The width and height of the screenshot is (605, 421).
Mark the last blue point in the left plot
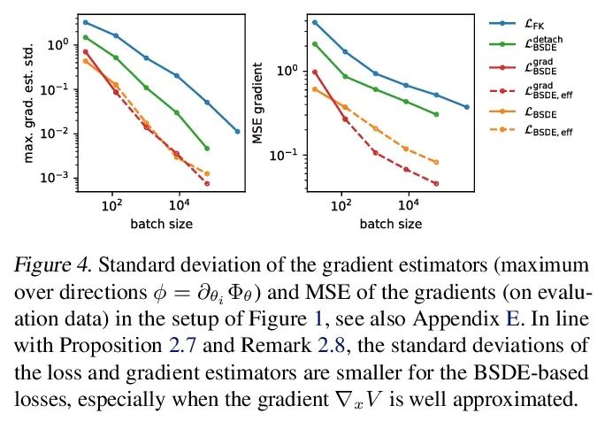(237, 131)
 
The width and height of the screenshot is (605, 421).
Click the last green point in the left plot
(207, 149)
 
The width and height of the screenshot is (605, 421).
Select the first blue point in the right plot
(315, 22)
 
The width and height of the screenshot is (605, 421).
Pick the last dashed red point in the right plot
(436, 183)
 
